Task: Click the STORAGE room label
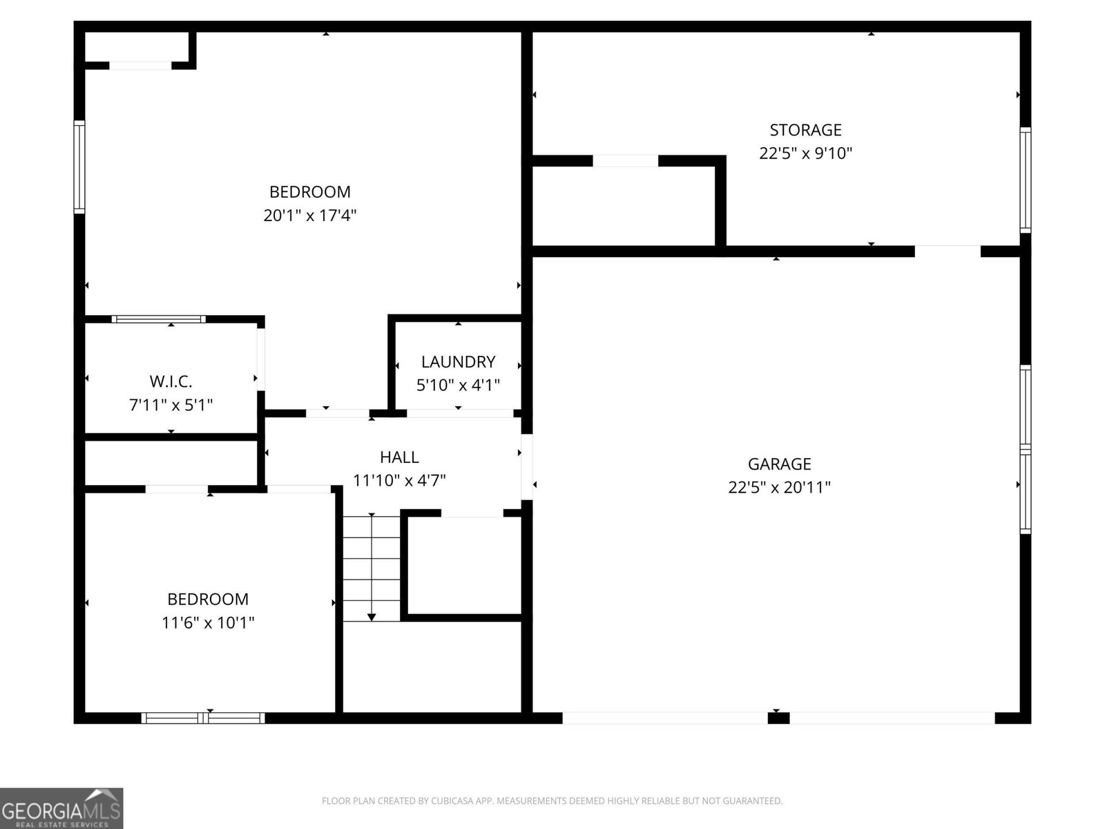coord(805,130)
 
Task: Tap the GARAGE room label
coord(779,464)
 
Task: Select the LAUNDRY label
coord(458,362)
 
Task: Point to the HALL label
coord(399,457)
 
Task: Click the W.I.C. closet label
coord(171,381)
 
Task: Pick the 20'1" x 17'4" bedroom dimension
coord(309,216)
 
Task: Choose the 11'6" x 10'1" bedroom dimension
coord(208,623)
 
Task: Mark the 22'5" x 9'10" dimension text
coord(805,153)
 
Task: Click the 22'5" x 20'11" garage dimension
coord(779,488)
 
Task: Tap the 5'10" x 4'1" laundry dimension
coord(458,385)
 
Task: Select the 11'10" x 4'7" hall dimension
coord(399,481)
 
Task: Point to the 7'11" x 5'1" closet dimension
coord(171,405)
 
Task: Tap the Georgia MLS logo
coord(61,808)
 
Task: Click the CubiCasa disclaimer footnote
coord(552,801)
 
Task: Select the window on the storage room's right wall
coord(1026,180)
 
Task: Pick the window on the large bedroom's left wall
coord(79,166)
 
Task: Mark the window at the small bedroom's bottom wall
coord(203,718)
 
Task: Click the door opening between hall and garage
coord(527,466)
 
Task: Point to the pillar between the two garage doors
coord(778,718)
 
